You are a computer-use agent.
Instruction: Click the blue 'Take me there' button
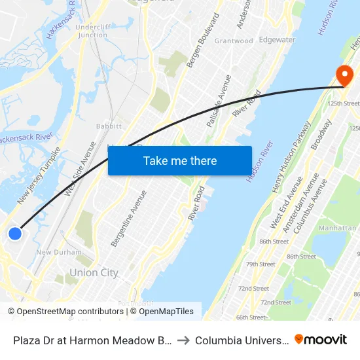(x=179, y=160)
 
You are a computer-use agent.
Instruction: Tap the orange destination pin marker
(x=342, y=75)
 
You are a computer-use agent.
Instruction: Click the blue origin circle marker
(x=14, y=233)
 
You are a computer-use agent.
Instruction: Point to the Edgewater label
(x=277, y=39)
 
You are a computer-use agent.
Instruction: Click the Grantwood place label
(x=234, y=41)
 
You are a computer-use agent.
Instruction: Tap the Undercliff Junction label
(x=92, y=31)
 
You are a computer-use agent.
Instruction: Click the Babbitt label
(x=109, y=125)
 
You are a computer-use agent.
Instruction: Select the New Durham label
(x=59, y=252)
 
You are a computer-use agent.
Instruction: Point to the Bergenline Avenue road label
(x=124, y=218)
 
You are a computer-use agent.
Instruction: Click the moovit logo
(x=321, y=340)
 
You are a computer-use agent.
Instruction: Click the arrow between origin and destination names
(x=183, y=340)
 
